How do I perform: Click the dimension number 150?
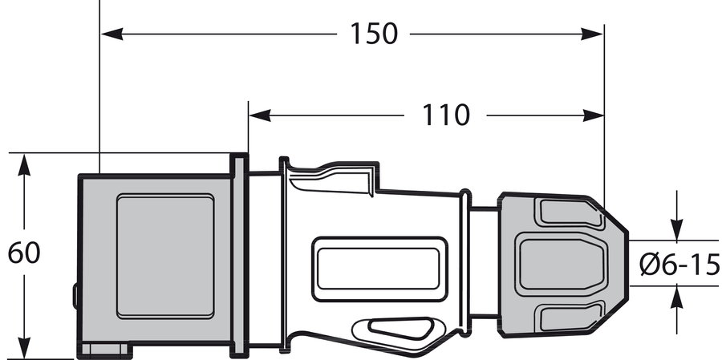(x=374, y=34)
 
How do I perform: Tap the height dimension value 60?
(x=24, y=253)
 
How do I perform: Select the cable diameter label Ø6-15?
(x=680, y=264)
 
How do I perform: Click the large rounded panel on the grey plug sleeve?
(x=165, y=256)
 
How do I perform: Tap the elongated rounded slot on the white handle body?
(x=379, y=269)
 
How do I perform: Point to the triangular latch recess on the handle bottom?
(x=397, y=329)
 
